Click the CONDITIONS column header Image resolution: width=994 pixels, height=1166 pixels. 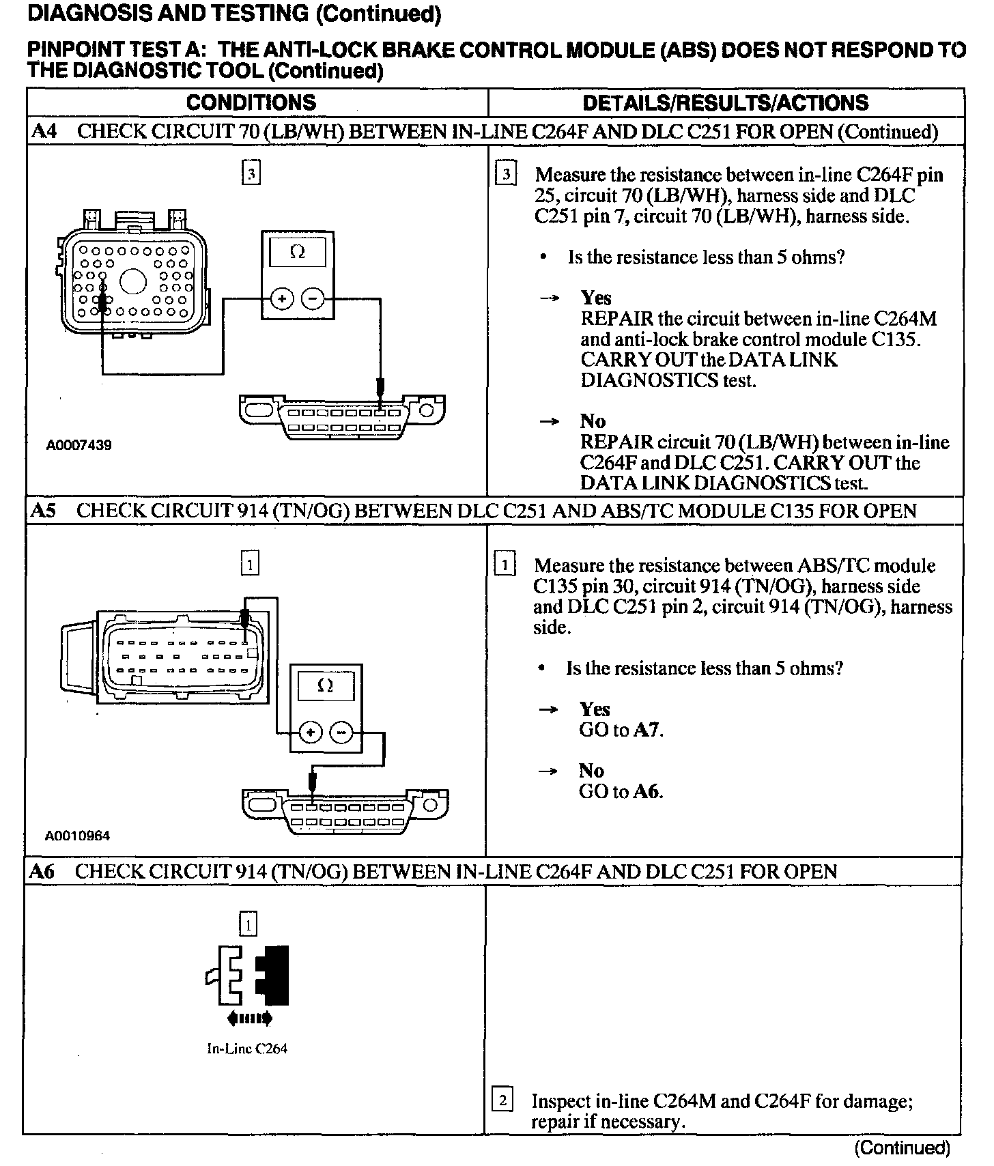point(251,103)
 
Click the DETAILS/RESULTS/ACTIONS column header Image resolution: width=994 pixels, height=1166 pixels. point(725,103)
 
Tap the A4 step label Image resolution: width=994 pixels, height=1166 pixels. point(44,132)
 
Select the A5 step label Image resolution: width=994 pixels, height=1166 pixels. point(44,511)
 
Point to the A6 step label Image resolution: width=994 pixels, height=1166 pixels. point(42,872)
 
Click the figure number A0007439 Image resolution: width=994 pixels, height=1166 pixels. point(79,445)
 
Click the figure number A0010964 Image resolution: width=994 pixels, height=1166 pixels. point(78,836)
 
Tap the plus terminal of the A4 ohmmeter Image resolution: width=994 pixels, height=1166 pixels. point(281,298)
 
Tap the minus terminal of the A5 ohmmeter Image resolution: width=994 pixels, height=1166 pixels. point(341,733)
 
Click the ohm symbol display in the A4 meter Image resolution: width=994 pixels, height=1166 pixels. point(298,253)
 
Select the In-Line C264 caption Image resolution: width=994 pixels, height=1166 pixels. point(247,1049)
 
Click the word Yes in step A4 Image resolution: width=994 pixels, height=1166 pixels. point(596,298)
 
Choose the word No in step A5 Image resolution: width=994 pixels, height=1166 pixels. point(591,771)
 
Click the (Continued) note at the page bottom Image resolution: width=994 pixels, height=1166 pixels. point(903,1148)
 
